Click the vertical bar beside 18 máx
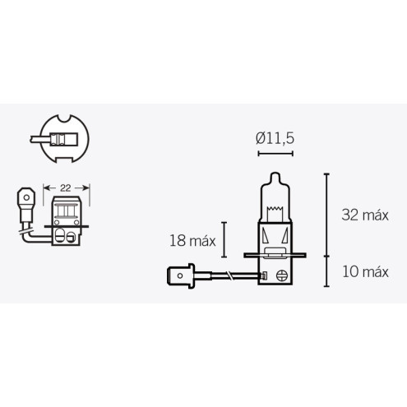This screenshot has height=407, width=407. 224,240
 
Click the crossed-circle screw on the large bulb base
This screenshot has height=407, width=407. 282,275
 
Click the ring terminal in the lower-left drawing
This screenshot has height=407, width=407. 25,197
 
